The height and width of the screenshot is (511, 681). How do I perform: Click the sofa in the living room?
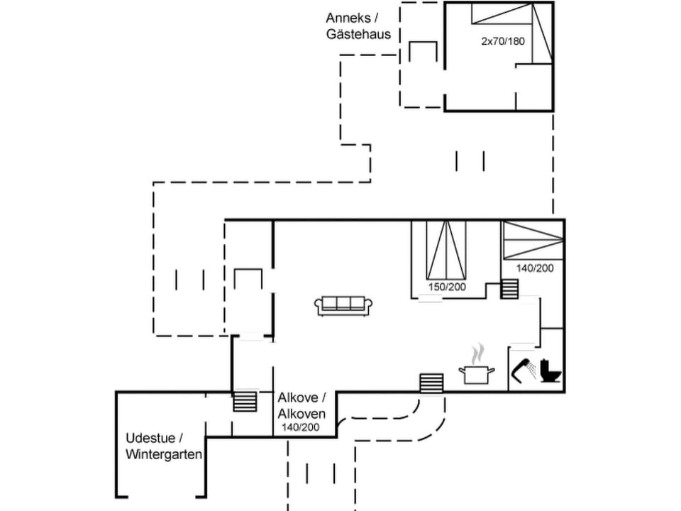click(x=344, y=305)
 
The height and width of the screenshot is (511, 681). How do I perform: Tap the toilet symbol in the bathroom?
click(x=550, y=371)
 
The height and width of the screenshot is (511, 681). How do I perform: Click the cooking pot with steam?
click(x=476, y=373)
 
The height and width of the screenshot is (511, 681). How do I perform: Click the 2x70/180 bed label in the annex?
click(x=503, y=41)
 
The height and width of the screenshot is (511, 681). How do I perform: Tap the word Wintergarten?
click(x=164, y=454)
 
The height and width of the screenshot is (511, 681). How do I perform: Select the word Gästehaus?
click(x=358, y=34)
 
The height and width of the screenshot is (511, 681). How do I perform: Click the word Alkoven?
click(x=301, y=414)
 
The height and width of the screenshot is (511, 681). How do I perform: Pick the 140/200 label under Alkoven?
click(x=301, y=428)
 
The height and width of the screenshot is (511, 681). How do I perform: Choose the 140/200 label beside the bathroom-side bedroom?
click(x=535, y=268)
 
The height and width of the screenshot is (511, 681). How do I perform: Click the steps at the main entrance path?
click(x=431, y=383)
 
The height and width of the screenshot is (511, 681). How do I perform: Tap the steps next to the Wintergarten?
click(x=244, y=400)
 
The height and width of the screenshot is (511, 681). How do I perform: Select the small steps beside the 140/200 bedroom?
click(x=510, y=289)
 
